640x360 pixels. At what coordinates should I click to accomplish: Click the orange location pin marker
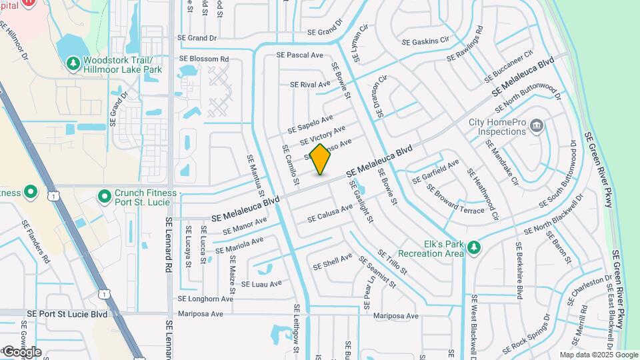(x=321, y=159)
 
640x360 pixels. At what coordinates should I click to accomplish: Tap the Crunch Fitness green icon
(x=104, y=197)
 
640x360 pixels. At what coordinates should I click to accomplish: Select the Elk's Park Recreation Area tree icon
(x=473, y=248)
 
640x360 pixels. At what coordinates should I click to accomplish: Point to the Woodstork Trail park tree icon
(x=73, y=63)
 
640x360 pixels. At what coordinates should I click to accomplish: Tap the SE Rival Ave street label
(x=310, y=85)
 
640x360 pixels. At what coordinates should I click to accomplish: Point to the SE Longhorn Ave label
(x=205, y=299)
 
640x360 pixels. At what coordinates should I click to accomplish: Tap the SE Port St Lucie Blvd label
(x=67, y=313)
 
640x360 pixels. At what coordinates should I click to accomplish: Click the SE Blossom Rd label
(x=204, y=59)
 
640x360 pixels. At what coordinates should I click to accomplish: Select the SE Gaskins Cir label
(x=425, y=41)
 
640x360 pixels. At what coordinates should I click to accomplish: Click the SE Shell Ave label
(x=333, y=261)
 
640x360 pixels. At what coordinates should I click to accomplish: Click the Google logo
(x=21, y=351)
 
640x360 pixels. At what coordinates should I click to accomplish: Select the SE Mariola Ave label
(x=239, y=245)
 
